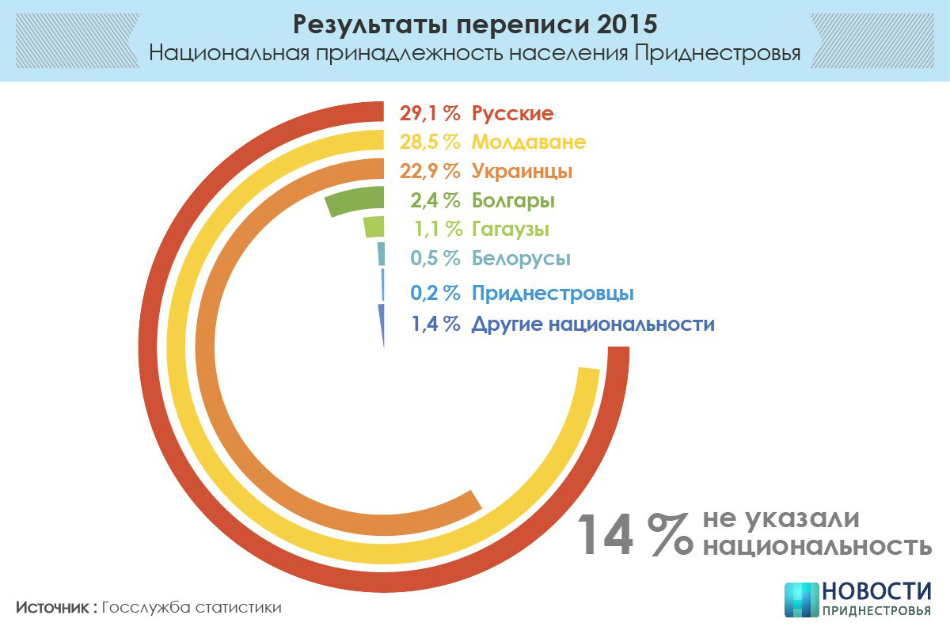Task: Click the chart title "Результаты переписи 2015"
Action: [x=474, y=24]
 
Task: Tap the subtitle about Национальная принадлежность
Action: [x=474, y=54]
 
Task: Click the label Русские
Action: [x=512, y=113]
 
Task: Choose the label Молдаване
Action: [x=529, y=142]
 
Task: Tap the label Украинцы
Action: [x=522, y=171]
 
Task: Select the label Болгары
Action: [x=513, y=200]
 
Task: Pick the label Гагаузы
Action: [x=511, y=230]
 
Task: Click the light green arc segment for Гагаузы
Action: [x=374, y=227]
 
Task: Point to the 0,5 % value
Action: [x=435, y=258]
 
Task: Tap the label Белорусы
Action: [x=521, y=258]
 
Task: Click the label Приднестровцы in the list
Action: [x=553, y=293]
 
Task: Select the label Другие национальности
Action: [x=593, y=324]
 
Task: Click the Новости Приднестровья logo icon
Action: [x=800, y=599]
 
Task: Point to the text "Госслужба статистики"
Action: [x=192, y=608]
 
